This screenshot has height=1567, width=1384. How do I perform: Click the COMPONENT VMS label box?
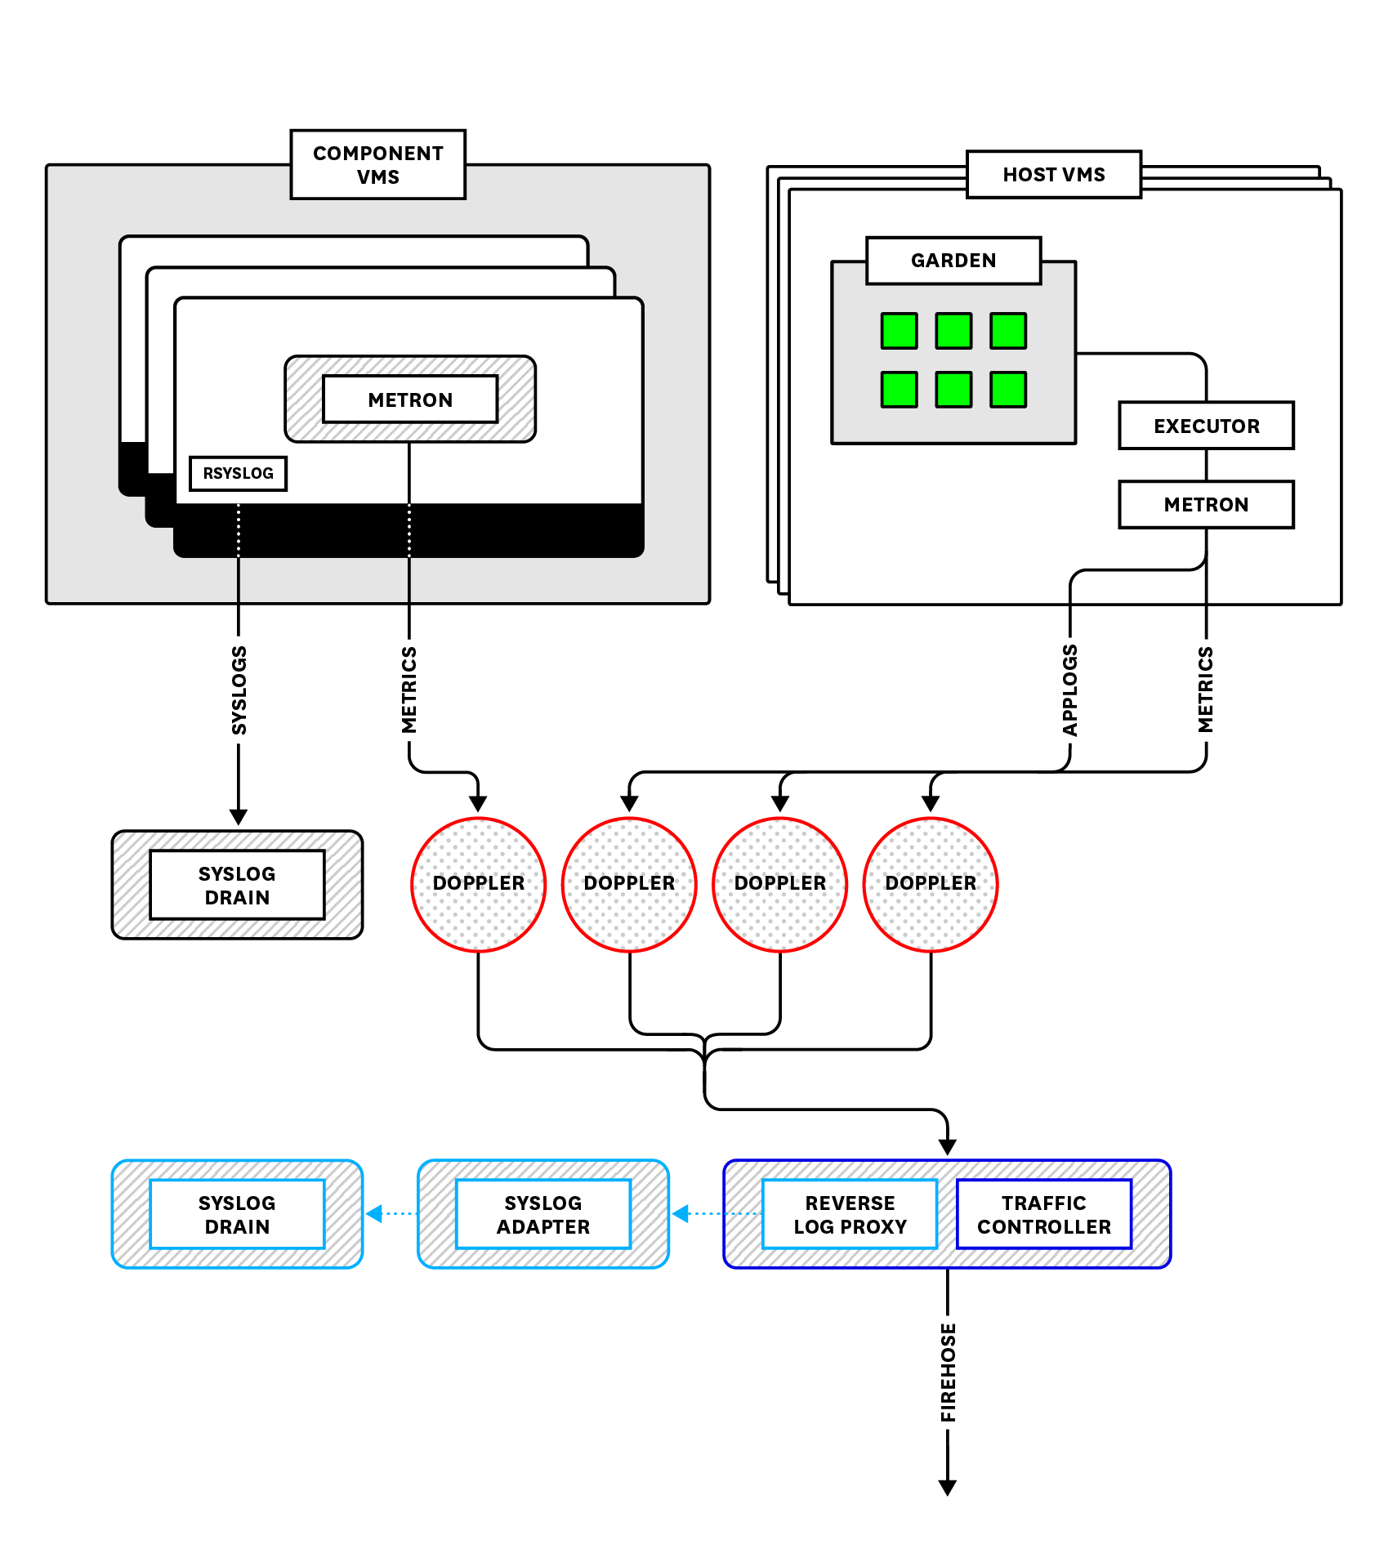377,164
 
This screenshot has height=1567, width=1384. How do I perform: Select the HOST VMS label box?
1053,174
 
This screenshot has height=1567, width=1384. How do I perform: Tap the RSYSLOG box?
238,473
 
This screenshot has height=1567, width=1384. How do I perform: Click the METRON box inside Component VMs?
409,400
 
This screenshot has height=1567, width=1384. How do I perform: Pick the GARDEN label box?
953,261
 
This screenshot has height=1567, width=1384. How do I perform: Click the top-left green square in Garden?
899,331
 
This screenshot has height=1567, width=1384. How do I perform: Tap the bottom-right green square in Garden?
1007,389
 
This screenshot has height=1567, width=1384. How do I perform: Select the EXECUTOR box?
1206,426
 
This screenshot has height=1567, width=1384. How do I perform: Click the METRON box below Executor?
1206,504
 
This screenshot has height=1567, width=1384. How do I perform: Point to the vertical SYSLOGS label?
239,690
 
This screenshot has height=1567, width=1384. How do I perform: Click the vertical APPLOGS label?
1069,690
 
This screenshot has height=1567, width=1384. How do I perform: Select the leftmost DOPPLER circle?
478,884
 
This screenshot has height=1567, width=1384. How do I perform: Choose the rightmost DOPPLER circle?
930,884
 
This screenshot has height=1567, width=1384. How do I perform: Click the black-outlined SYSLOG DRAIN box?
237,886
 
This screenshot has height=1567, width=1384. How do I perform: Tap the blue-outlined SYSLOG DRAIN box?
237,1214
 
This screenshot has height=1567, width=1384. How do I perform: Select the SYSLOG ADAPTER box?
542,1214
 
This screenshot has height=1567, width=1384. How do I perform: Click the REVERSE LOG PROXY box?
850,1214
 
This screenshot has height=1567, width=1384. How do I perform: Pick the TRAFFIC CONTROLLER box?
1043,1214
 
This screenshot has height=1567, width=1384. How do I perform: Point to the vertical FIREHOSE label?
948,1373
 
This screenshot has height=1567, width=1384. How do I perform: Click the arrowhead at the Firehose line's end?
947,1487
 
